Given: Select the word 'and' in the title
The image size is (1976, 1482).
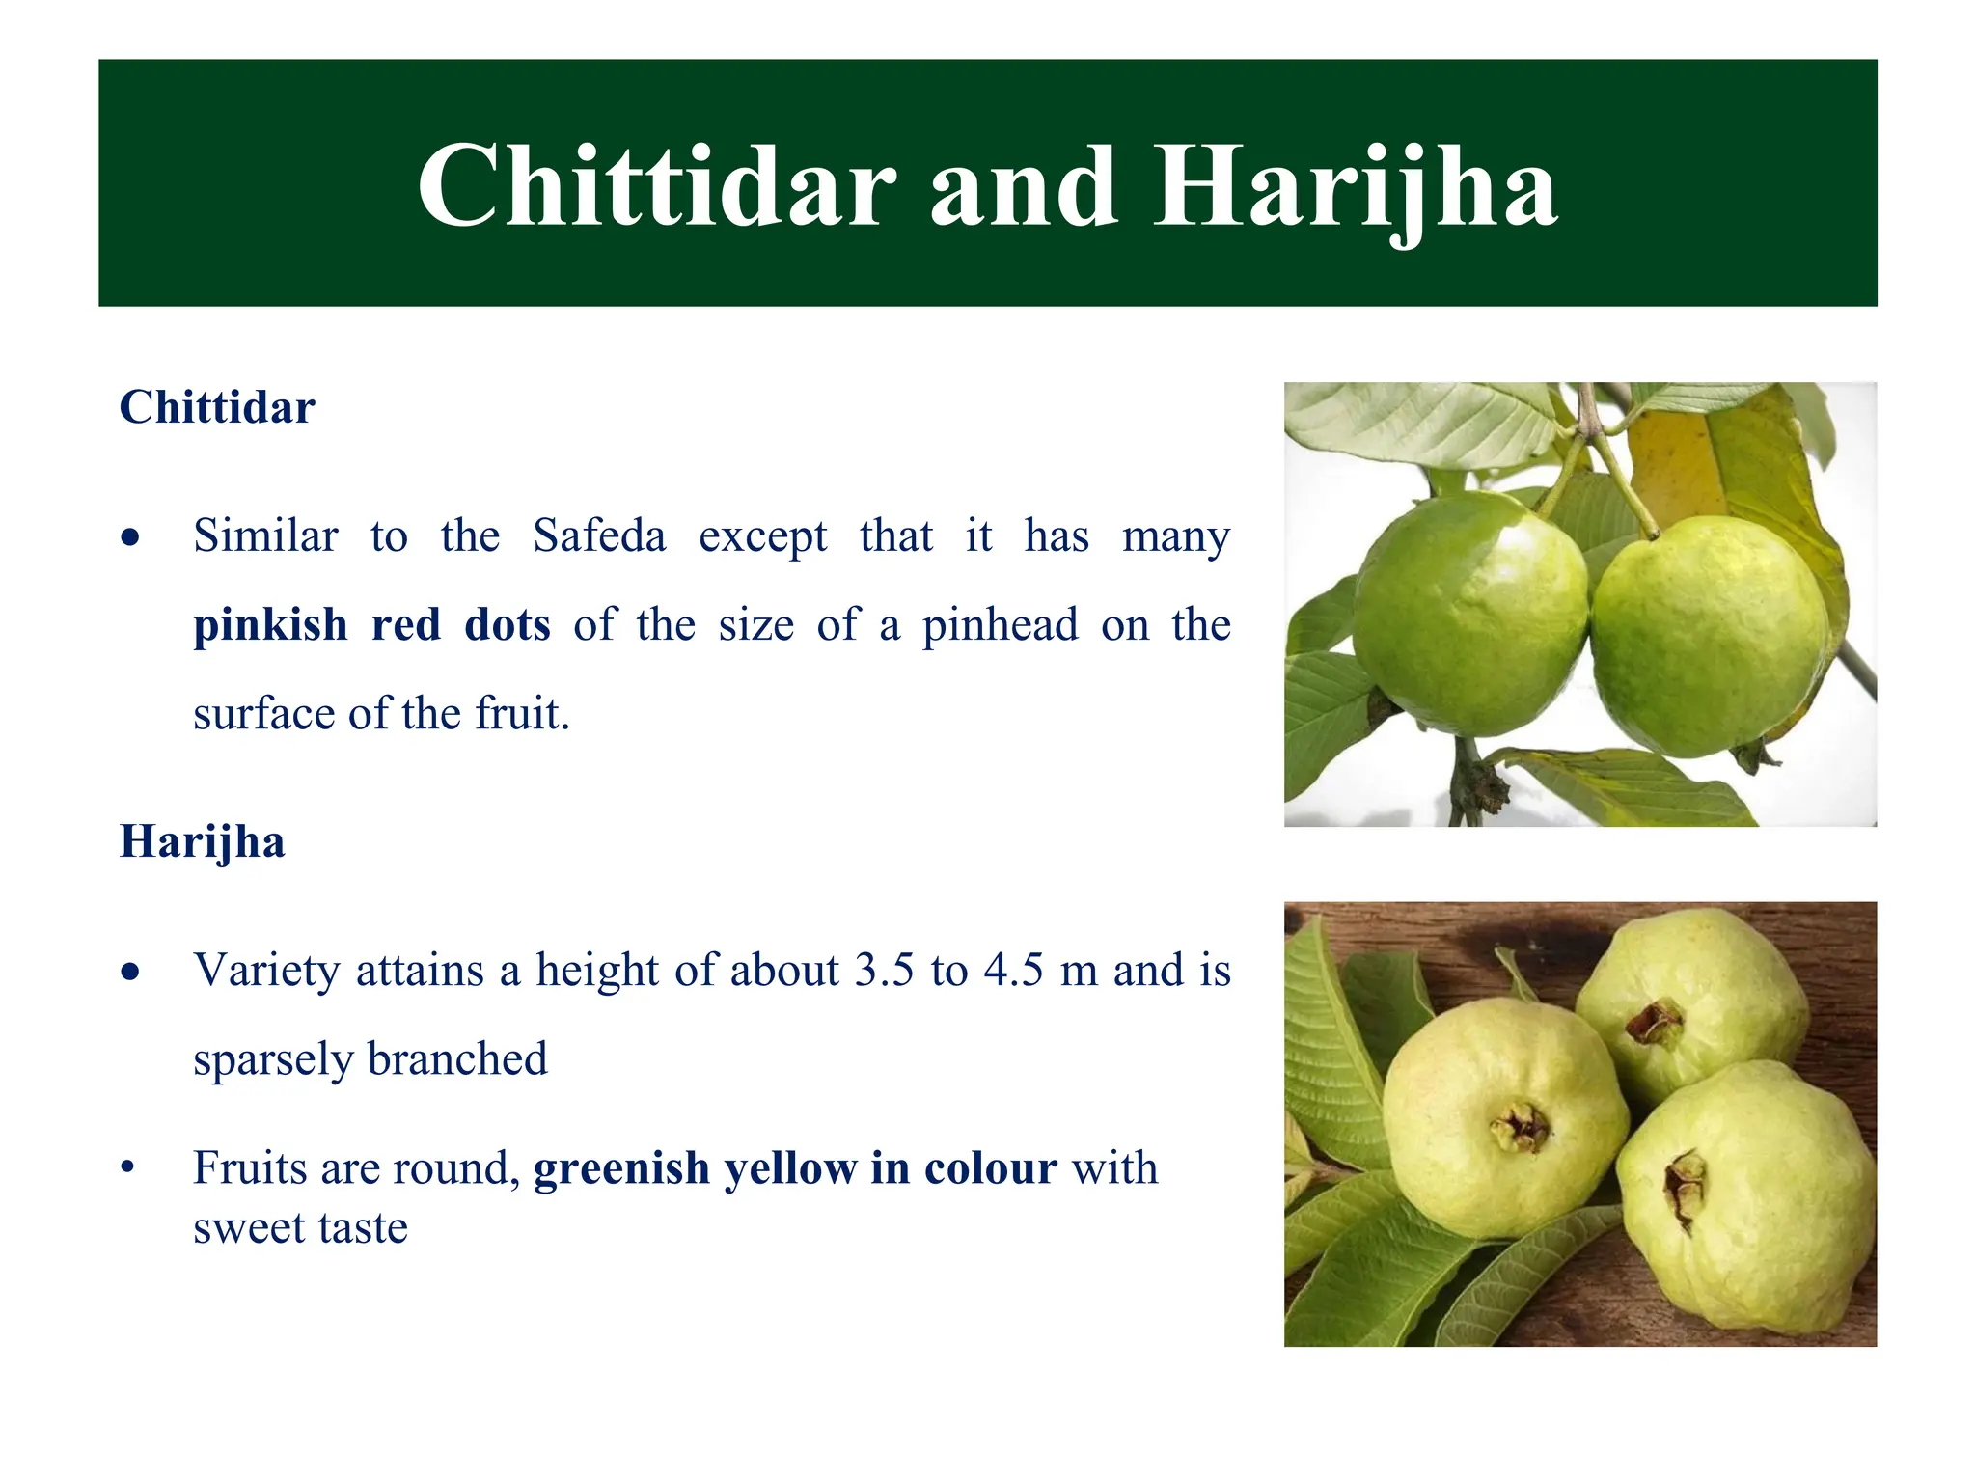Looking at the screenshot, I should pos(1024,185).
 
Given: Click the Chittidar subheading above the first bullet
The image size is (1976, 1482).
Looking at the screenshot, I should pos(217,407).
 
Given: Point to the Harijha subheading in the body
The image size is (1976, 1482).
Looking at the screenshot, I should pos(203,841).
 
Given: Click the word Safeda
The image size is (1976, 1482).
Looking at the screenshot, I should pos(599,535).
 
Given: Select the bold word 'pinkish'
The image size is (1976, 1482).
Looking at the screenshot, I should pos(270,625).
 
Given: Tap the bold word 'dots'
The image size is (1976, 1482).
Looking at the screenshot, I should pos(508,624).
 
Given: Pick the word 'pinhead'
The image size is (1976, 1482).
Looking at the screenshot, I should pos(1000,625).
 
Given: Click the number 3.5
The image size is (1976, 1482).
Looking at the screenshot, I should pos(884,971).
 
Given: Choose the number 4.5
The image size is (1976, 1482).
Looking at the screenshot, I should pos(1013,971).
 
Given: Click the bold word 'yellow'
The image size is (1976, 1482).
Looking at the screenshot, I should pos(790,1168).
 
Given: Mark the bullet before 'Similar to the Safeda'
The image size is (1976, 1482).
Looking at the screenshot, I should pos(131,537).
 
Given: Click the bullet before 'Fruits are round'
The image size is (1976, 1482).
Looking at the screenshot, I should pos(127,1168).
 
